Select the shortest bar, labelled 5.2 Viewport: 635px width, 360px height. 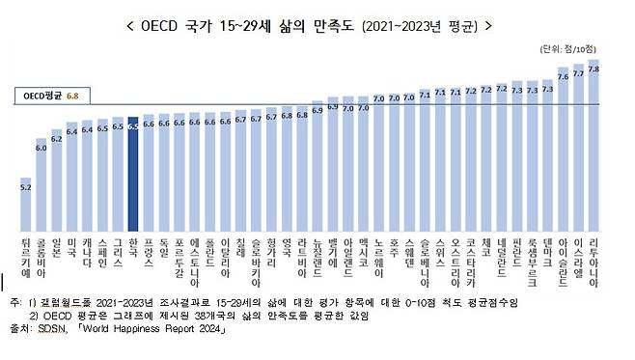25,203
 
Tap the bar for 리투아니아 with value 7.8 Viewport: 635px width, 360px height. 594,145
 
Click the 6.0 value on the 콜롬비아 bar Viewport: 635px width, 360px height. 41,148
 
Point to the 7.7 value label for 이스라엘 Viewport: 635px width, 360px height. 578,73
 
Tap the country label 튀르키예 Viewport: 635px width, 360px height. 25,253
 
